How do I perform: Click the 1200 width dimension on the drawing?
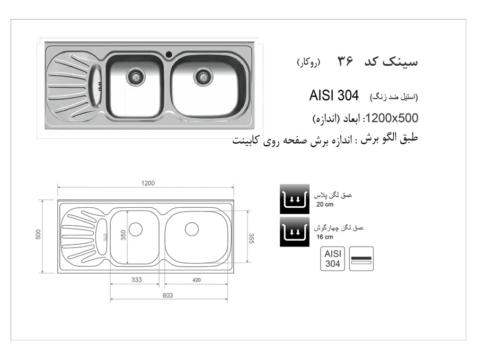148,183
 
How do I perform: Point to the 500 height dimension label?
38,234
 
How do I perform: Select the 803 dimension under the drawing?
167,295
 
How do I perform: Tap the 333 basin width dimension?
137,279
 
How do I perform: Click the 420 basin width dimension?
197,280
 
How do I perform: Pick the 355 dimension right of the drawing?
251,238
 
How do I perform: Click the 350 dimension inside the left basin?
123,235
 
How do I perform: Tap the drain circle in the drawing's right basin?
192,229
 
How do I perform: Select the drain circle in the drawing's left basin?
136,230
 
